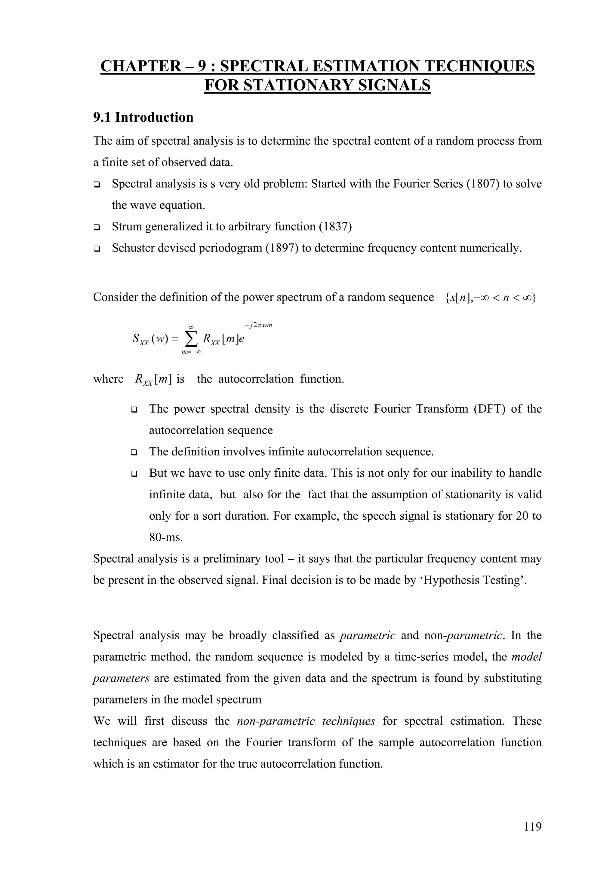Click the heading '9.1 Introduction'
[143, 117]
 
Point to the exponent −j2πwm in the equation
[258, 325]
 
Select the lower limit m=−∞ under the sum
[191, 353]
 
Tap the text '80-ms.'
[166, 538]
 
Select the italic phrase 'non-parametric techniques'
[306, 721]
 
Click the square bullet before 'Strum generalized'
[97, 228]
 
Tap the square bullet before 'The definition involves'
[134, 453]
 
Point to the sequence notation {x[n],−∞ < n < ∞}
[490, 298]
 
